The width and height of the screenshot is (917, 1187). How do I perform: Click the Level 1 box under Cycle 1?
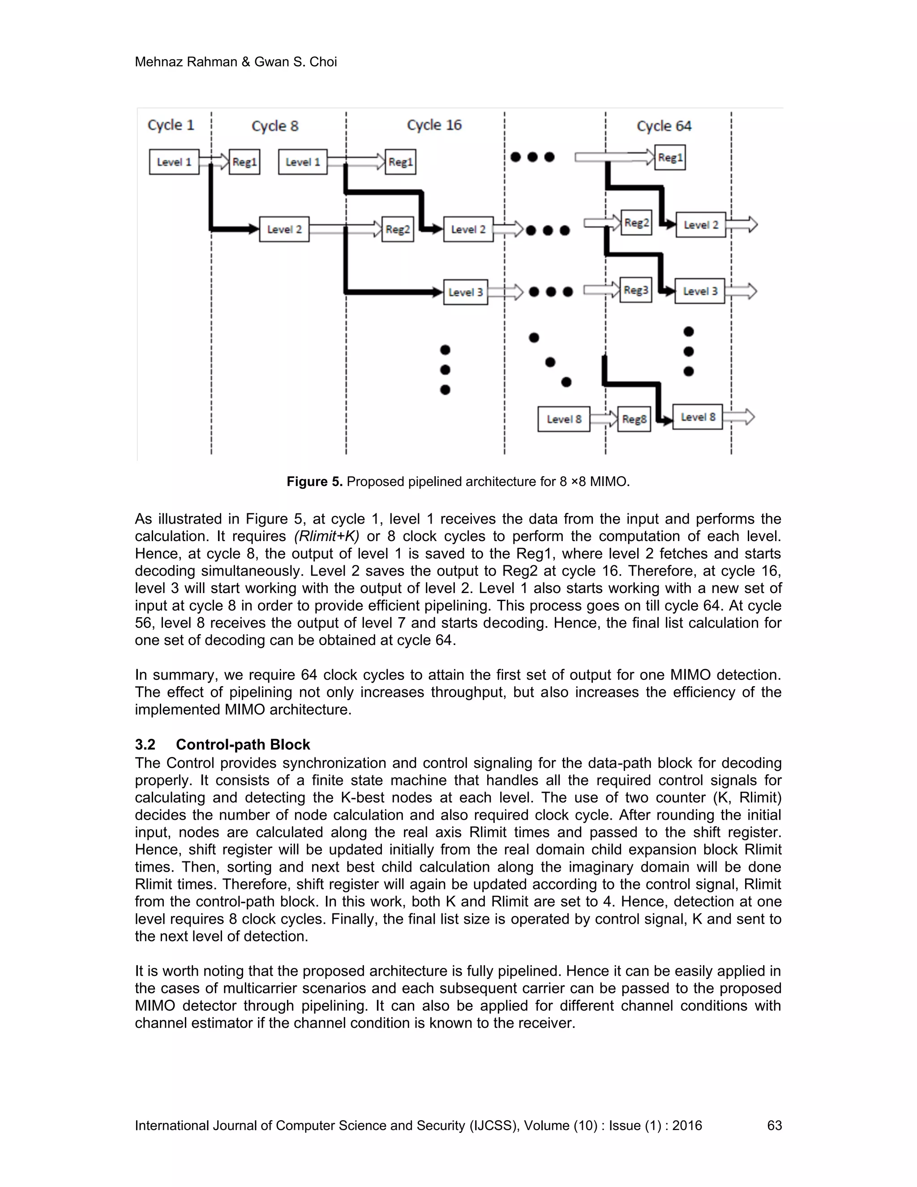(x=174, y=162)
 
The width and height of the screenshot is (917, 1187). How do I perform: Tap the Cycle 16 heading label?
(x=434, y=125)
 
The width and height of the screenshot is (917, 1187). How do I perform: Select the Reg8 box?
(x=634, y=419)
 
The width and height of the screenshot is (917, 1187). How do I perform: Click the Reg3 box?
(x=636, y=290)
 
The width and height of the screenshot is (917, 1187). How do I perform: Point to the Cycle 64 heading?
(x=664, y=126)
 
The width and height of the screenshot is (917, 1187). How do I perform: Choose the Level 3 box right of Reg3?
(x=700, y=291)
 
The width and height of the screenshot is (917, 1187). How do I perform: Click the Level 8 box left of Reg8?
(x=563, y=419)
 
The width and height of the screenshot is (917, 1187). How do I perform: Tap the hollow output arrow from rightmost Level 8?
(x=739, y=417)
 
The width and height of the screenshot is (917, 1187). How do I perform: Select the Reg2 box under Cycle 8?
(x=398, y=229)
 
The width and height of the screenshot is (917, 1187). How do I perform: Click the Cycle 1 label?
(x=171, y=125)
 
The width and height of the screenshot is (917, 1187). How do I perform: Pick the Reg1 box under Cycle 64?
(x=669, y=158)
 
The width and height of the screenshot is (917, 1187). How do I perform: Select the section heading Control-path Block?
(x=242, y=744)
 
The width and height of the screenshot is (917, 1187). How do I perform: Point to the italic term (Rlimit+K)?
(x=326, y=537)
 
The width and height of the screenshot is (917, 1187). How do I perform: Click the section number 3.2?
(x=145, y=744)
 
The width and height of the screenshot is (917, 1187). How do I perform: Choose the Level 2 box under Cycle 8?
(x=284, y=229)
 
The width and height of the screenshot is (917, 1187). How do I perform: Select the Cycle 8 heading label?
(x=275, y=126)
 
